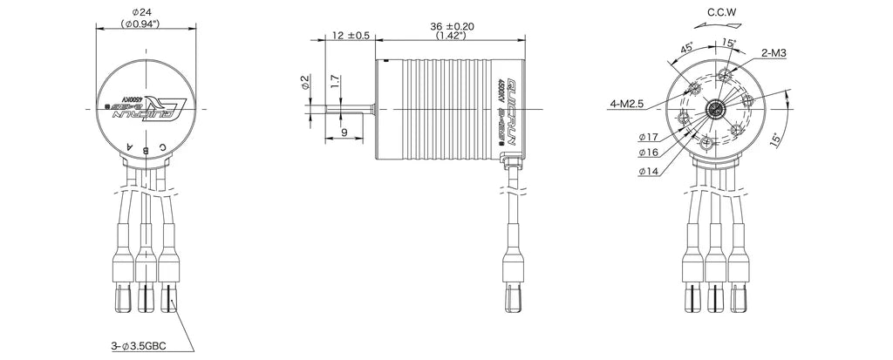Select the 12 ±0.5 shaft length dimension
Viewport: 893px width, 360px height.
coord(351,36)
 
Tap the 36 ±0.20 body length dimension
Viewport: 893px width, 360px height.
coord(453,26)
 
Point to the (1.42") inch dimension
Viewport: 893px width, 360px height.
coord(453,37)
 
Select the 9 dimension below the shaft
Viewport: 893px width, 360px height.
coord(344,132)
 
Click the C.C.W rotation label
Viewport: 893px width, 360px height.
coord(723,12)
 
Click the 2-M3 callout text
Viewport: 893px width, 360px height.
coord(774,52)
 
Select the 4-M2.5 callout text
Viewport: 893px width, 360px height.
coord(626,104)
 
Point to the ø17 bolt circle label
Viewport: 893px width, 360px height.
coord(648,137)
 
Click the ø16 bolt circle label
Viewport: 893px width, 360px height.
coord(648,153)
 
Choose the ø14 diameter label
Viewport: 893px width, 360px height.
coord(648,172)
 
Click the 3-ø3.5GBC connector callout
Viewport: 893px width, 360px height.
coord(139,346)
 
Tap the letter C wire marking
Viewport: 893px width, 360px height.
coord(164,147)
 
